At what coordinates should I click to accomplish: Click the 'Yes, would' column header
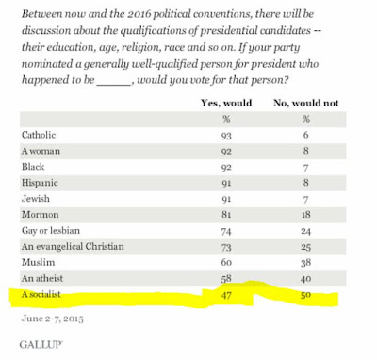[226, 103]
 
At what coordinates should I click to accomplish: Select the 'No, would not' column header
[306, 103]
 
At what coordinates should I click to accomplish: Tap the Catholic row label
[39, 135]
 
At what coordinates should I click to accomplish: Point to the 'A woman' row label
[41, 151]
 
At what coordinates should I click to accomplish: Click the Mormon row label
[41, 215]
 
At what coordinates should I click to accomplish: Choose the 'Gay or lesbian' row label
[51, 231]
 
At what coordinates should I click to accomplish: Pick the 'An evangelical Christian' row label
[73, 246]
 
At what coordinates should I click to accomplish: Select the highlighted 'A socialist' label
[41, 294]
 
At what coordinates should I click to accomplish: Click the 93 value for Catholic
[226, 136]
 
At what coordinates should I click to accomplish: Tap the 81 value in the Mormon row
[226, 215]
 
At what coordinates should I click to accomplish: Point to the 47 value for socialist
[226, 295]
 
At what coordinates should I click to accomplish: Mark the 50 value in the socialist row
[305, 295]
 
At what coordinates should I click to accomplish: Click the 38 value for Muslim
[305, 263]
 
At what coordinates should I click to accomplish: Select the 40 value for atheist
[305, 279]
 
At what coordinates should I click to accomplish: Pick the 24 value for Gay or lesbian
[305, 231]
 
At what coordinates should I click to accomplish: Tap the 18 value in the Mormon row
[305, 215]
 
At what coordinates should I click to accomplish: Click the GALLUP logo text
[41, 344]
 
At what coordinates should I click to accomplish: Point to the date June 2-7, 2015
[53, 319]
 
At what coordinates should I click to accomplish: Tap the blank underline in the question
[114, 85]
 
